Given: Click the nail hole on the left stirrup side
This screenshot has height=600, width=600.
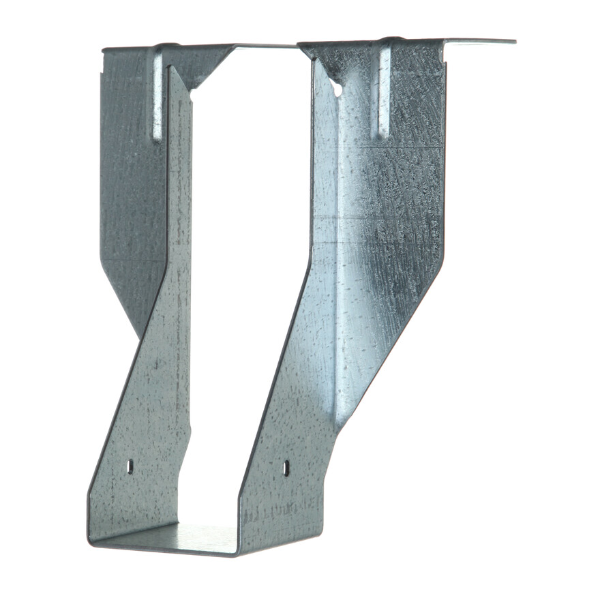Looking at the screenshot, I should coord(130,466).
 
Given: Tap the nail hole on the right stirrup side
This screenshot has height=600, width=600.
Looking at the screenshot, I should coord(286,468).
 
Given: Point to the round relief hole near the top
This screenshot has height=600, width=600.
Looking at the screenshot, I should coord(337,87).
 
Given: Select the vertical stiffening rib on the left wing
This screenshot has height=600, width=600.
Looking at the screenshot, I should coord(157,95).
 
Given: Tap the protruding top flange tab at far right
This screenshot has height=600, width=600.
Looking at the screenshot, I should coord(481,42).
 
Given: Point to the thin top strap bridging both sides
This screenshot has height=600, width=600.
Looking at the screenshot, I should coord(266,46).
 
